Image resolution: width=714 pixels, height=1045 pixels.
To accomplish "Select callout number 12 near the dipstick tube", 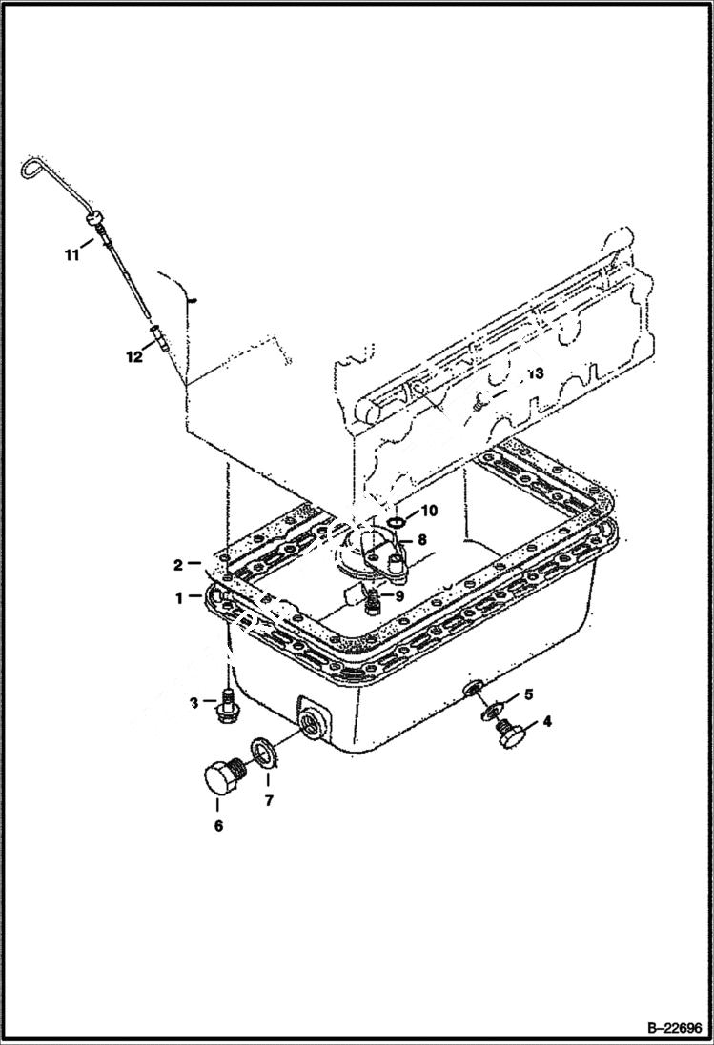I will click(x=133, y=356).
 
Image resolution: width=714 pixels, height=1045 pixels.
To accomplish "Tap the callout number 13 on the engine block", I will click(x=535, y=374).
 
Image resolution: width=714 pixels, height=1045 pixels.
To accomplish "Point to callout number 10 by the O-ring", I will click(x=429, y=511).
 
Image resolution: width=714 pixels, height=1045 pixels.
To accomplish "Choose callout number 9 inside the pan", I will click(x=399, y=595).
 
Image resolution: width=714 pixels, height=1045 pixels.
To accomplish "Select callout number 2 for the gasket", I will click(x=178, y=565).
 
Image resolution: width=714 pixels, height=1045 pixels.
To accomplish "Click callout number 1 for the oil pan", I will click(x=178, y=599).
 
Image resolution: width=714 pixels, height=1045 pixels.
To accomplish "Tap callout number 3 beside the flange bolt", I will click(x=194, y=703).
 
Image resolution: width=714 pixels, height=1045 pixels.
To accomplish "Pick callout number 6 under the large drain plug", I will click(x=218, y=826).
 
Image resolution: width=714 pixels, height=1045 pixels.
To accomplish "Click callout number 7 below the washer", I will click(x=269, y=801).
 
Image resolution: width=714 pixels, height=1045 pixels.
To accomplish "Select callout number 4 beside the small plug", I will click(x=546, y=721).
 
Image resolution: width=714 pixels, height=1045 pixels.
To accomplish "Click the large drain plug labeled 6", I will click(x=224, y=775).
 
